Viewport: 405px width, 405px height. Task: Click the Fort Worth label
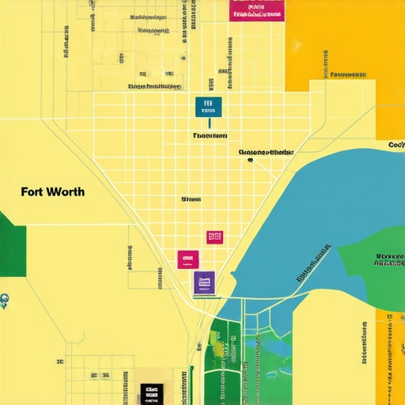pos(52,192)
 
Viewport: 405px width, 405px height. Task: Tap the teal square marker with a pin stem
pos(208,106)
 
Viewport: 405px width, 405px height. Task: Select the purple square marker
pos(204,282)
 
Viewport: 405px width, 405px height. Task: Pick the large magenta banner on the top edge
pos(256,9)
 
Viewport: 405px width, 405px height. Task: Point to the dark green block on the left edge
pos(12,245)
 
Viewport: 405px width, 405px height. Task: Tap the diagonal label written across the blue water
pos(313,263)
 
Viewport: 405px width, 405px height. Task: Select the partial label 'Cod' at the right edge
pos(396,145)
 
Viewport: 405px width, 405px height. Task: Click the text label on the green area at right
pos(390,260)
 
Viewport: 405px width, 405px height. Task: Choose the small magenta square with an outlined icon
pos(214,237)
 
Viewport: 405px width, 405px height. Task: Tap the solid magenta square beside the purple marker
pos(188,259)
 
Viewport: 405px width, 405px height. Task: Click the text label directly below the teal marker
pos(210,135)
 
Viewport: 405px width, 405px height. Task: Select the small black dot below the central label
pos(249,160)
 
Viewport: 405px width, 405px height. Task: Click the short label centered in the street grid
pos(191,199)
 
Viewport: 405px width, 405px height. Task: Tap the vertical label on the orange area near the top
pos(325,63)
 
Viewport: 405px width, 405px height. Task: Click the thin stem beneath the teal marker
pos(210,122)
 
